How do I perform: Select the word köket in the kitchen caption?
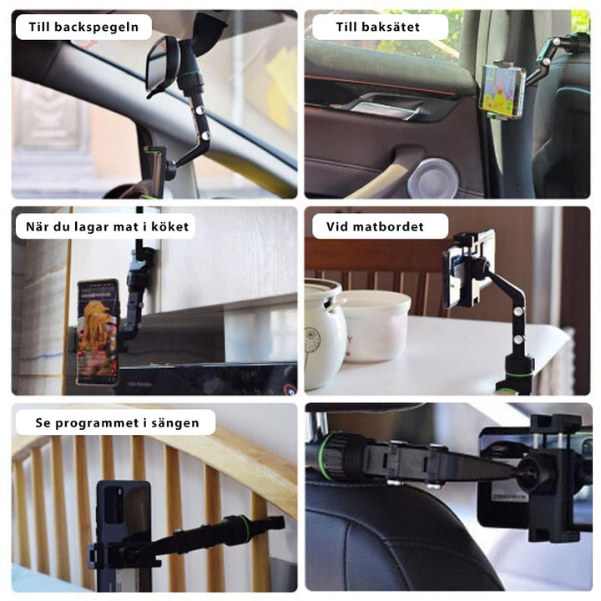click(x=169, y=226)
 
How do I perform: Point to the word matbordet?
click(x=388, y=226)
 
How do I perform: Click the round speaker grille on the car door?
click(x=432, y=179)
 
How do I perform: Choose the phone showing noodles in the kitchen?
click(x=98, y=331)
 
